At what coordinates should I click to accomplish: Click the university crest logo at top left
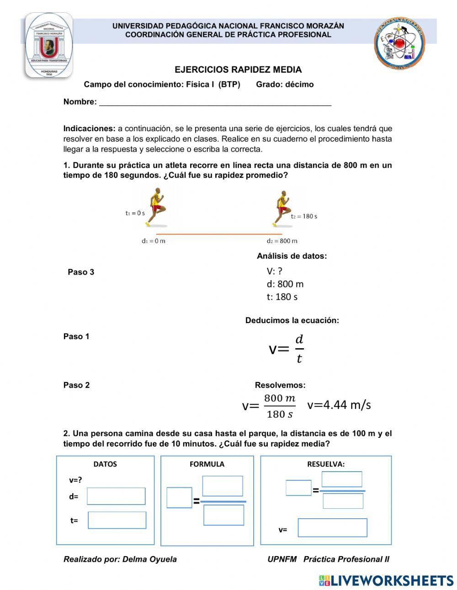pyautogui.click(x=48, y=45)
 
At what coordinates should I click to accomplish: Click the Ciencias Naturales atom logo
pyautogui.click(x=400, y=44)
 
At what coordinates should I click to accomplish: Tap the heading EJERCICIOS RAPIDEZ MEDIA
pyautogui.click(x=238, y=70)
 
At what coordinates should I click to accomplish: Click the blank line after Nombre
pyautogui.click(x=215, y=102)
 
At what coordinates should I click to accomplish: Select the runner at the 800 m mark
pyautogui.click(x=282, y=208)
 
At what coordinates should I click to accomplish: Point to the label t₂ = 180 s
pyautogui.click(x=304, y=216)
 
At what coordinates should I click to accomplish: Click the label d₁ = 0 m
pyautogui.click(x=153, y=241)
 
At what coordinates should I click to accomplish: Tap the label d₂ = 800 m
pyautogui.click(x=282, y=241)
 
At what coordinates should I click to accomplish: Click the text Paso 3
pyautogui.click(x=81, y=272)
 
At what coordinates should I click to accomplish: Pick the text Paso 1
pyautogui.click(x=76, y=336)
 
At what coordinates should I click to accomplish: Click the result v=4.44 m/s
pyautogui.click(x=339, y=405)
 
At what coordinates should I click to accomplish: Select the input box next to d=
pyautogui.click(x=116, y=496)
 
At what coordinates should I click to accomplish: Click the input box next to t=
pyautogui.click(x=117, y=520)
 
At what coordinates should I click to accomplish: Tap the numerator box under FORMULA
pyautogui.click(x=223, y=486)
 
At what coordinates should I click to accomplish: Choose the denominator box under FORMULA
pyautogui.click(x=223, y=515)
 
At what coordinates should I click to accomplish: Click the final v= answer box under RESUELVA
pyautogui.click(x=332, y=528)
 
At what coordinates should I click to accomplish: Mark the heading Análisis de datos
pyautogui.click(x=292, y=256)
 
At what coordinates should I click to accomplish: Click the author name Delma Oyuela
pyautogui.click(x=149, y=559)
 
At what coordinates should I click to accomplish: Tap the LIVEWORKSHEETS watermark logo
pyautogui.click(x=386, y=580)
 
